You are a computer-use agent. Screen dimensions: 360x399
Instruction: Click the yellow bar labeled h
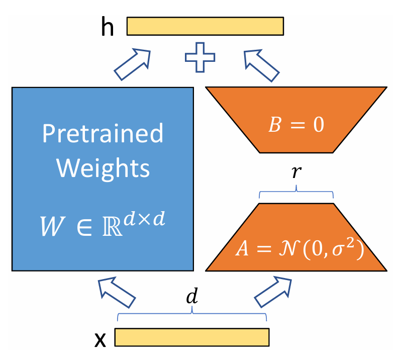point(205,26)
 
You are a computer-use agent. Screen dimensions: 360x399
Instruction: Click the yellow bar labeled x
point(192,337)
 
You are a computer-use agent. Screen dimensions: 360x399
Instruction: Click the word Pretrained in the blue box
point(103,134)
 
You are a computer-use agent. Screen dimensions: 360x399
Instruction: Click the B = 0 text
point(296,125)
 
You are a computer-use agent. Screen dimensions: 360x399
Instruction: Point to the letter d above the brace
point(192,297)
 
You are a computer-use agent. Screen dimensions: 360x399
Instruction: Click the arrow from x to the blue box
point(117,293)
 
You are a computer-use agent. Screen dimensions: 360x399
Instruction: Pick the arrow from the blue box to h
point(133,64)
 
